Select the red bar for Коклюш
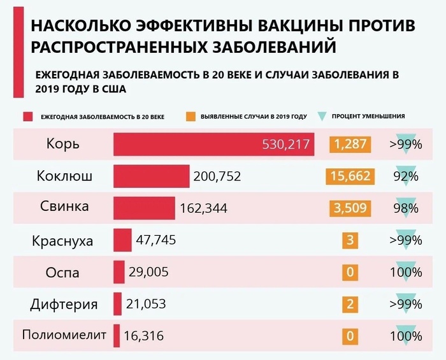pos(152,176)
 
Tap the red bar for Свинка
pos(144,208)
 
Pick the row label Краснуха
pos(62,241)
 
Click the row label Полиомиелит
pos(62,335)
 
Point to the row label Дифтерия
pos(64,304)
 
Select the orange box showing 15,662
pos(350,176)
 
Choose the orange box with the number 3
pos(350,241)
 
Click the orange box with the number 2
pos(350,304)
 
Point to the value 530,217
pos(286,145)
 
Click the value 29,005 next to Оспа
pos(148,272)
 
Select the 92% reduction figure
pos(405,176)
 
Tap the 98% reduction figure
pos(405,208)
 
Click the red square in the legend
pos(27,117)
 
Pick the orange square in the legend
pos(191,117)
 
